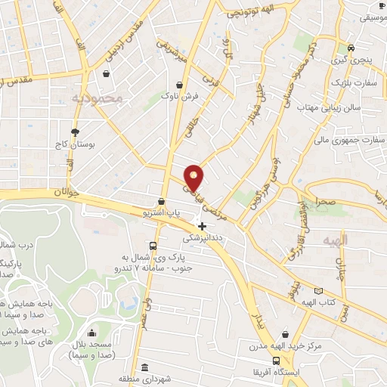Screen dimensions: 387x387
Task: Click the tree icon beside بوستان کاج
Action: [74, 132]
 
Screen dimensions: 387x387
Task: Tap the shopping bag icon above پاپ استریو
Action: [161, 202]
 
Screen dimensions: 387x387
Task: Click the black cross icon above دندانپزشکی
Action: [202, 226]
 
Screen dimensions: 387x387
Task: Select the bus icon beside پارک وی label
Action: [153, 246]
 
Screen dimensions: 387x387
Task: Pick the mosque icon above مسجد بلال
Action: [92, 333]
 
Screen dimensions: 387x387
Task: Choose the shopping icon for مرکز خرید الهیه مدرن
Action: [284, 333]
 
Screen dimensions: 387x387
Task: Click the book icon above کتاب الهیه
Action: [318, 291]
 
